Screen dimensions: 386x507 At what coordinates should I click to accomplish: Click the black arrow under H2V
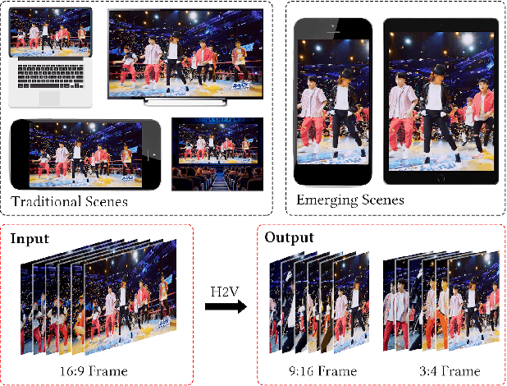pos(224,306)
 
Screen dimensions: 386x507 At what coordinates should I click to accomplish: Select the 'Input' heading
pos(31,238)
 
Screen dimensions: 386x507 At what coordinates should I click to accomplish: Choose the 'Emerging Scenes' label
pos(349,200)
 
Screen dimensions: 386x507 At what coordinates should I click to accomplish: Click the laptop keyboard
pos(48,76)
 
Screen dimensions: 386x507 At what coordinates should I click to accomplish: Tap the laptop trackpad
pos(48,98)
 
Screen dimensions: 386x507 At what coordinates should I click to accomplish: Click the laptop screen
pos(49,32)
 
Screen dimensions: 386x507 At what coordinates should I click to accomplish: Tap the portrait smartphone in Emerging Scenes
pos(333,103)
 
